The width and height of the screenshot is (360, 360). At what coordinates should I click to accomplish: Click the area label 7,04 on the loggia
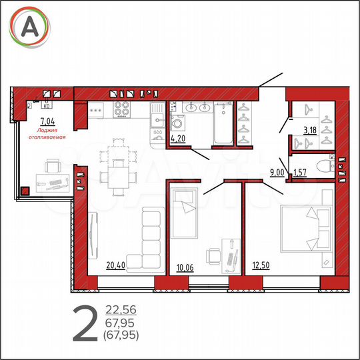(x=47, y=121)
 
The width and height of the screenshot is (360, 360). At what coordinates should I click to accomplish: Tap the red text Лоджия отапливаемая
(x=48, y=133)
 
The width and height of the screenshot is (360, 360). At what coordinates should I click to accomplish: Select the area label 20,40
(x=115, y=265)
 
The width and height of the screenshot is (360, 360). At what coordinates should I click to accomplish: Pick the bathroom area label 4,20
(x=178, y=139)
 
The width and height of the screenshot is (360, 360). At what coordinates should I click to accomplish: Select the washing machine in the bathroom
(x=179, y=123)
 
